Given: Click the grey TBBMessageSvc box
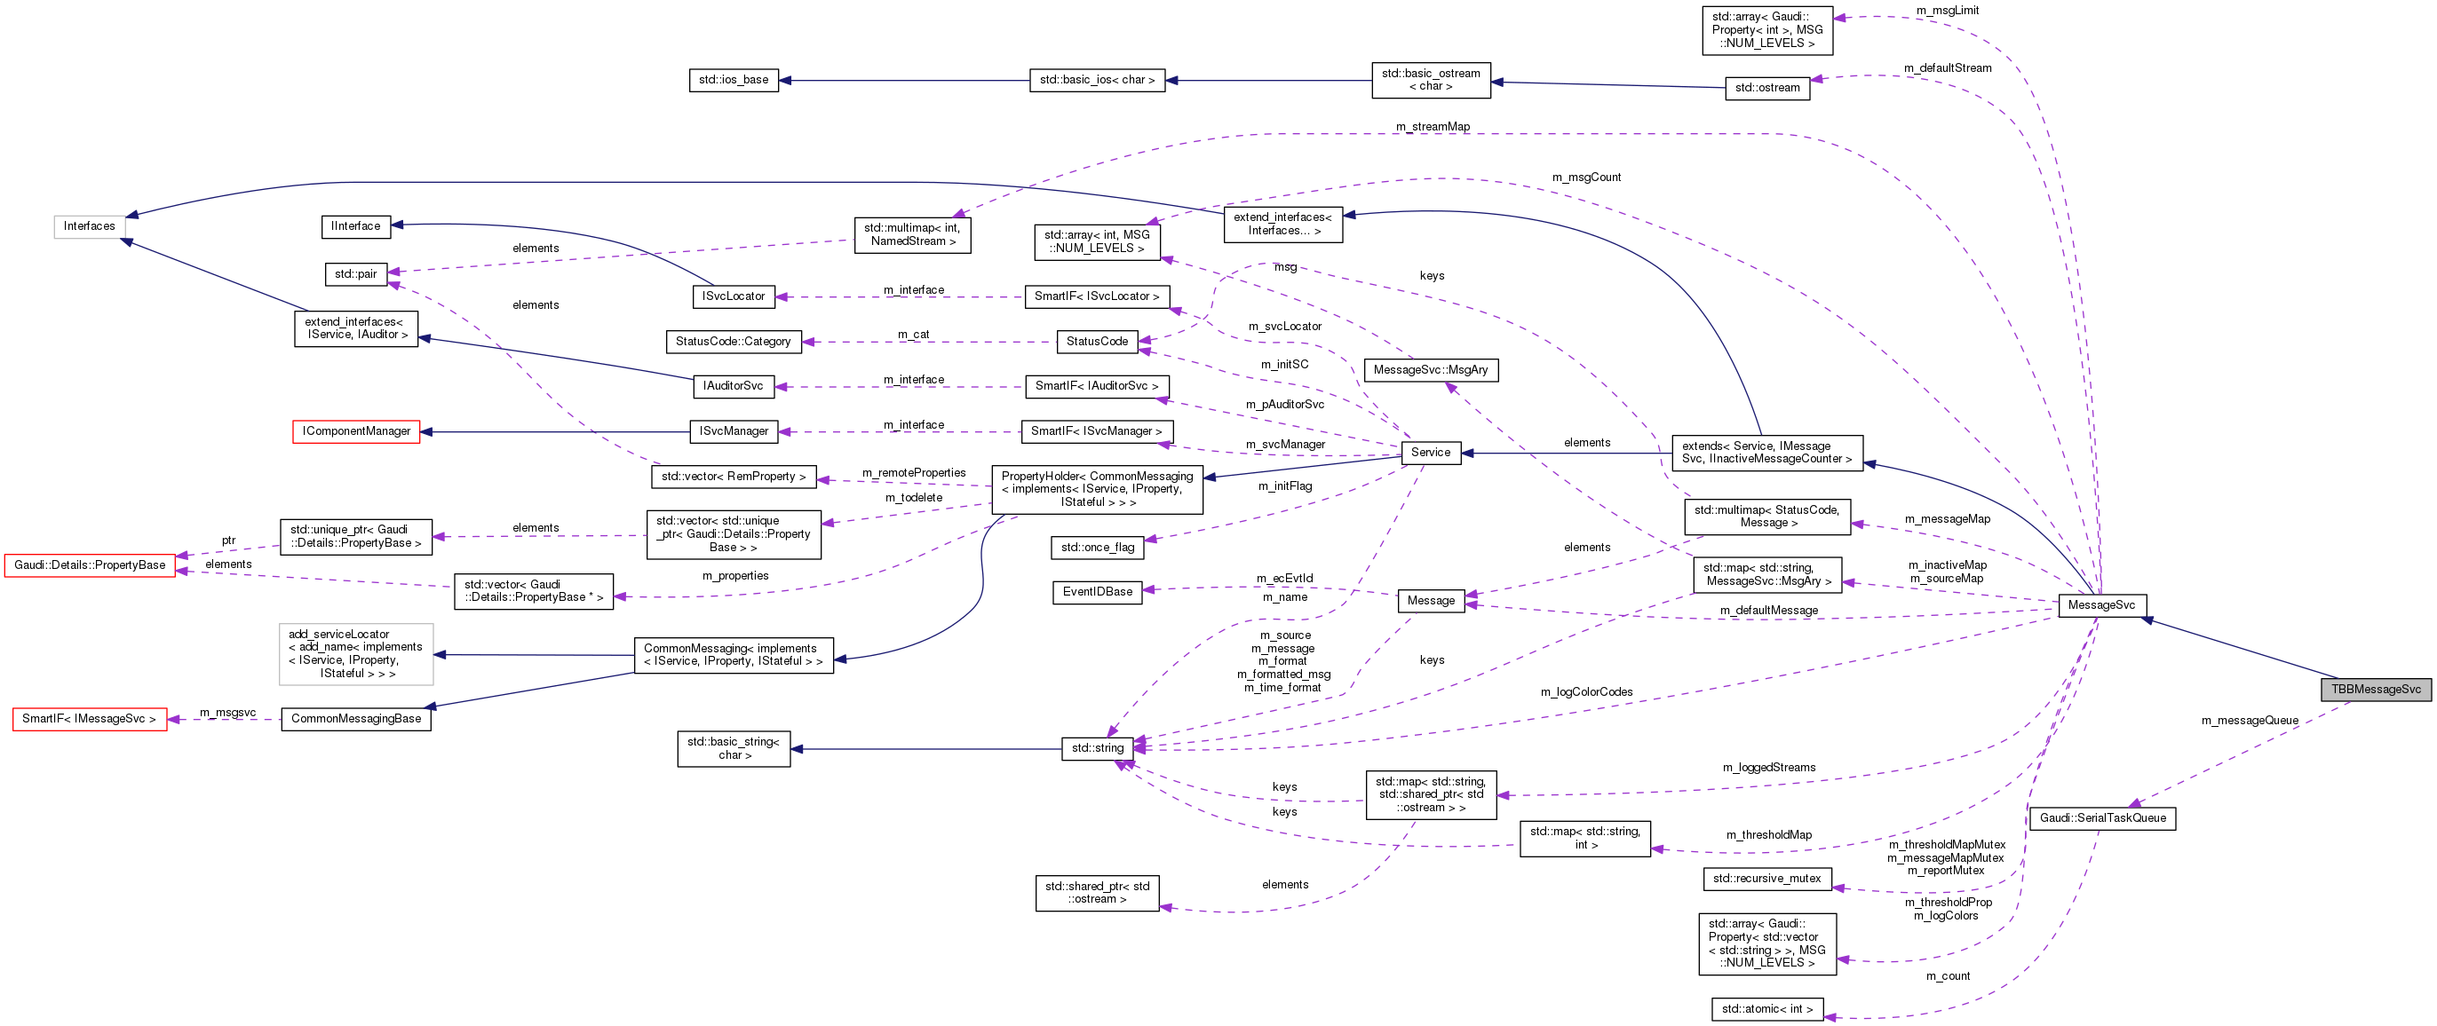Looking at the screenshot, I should [2375, 690].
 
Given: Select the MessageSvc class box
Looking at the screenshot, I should [2101, 605].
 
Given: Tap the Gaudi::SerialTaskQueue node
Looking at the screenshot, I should [2102, 819].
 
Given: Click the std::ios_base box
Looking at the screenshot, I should [734, 81].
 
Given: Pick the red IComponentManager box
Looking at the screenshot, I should [356, 432].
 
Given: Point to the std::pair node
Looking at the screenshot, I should [356, 274].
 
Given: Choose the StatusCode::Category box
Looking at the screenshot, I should [734, 342].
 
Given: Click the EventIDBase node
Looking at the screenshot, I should [1097, 592].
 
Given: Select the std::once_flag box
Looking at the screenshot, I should [1097, 548].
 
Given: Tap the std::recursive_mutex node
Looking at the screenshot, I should [1766, 880].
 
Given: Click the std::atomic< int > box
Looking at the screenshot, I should [1766, 1010].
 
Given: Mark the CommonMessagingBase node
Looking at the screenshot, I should [356, 719].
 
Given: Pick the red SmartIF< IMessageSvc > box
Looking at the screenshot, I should [89, 719].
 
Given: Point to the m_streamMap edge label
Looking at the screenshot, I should [1433, 127].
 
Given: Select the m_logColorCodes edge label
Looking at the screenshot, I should [1585, 692].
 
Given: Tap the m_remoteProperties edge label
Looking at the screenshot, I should [913, 473].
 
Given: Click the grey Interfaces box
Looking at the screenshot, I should [89, 226].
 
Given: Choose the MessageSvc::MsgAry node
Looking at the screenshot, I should [1430, 370].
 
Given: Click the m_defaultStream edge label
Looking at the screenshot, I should [1947, 68].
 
